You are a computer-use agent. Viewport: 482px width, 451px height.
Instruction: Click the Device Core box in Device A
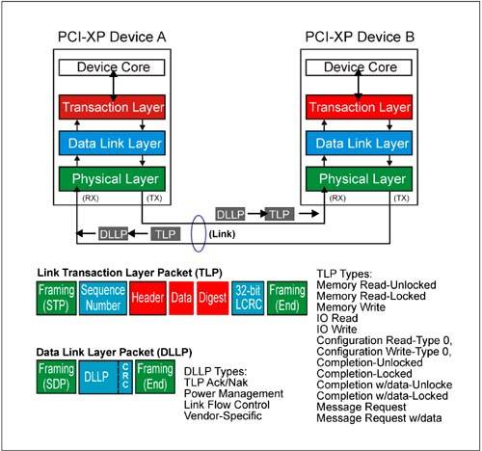pos(112,67)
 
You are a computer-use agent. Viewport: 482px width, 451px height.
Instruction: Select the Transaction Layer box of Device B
pos(359,107)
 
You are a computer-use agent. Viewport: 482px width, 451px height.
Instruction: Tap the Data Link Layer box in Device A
pos(112,143)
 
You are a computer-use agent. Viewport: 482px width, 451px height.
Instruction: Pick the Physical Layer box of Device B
pos(359,179)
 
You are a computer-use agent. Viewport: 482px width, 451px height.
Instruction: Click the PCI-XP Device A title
pos(112,37)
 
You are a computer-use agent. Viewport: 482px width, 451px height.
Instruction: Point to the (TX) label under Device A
pos(154,199)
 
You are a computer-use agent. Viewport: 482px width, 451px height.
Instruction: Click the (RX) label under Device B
pos(337,199)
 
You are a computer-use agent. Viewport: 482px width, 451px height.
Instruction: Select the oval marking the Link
pos(192,233)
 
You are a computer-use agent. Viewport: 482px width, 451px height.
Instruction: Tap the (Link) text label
pos(222,234)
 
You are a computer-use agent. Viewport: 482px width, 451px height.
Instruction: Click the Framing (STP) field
pos(56,298)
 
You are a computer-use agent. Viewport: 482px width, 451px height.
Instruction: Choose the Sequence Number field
pos(103,298)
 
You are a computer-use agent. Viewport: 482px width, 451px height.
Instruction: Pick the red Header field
pos(147,298)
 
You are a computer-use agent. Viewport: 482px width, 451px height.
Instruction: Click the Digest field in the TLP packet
pos(213,298)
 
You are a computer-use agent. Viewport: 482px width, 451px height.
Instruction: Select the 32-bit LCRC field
pos(248,298)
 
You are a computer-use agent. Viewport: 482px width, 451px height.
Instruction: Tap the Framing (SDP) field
pos(56,377)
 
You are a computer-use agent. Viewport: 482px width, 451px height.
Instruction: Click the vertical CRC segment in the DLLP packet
pos(125,377)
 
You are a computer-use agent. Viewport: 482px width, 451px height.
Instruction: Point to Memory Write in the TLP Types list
pos(351,307)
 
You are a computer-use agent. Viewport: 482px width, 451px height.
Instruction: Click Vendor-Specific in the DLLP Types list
pos(223,415)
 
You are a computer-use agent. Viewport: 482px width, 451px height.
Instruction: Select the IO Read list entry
pos(337,318)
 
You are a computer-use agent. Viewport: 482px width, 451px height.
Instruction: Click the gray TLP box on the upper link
pos(280,214)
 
